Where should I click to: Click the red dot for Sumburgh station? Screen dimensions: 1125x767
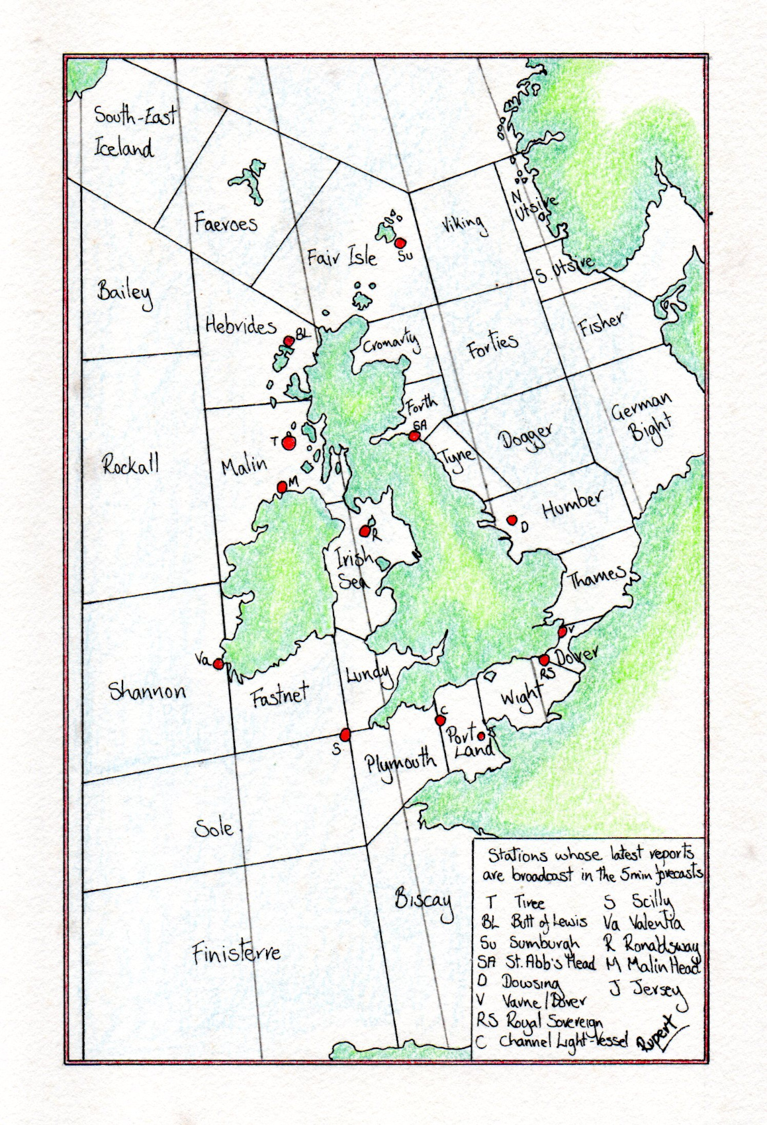tap(399, 243)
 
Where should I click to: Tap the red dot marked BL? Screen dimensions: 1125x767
tap(289, 341)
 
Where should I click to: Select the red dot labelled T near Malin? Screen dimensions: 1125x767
tap(288, 443)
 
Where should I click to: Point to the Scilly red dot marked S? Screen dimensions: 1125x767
tap(345, 734)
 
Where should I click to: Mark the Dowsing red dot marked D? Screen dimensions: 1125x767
tap(511, 520)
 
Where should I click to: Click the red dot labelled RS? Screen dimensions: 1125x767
tap(544, 660)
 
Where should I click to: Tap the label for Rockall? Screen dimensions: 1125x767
tap(131, 466)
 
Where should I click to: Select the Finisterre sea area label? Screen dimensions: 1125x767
tap(236, 953)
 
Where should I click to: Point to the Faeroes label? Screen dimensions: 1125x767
tap(226, 222)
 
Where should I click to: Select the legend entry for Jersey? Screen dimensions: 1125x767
tap(645, 989)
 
